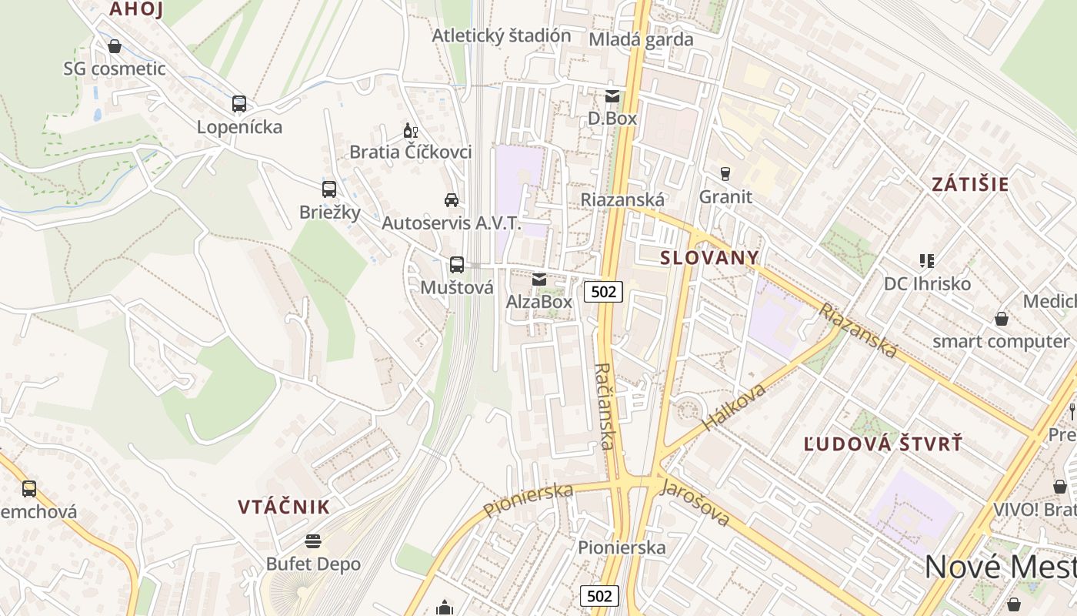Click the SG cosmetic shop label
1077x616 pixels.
coord(115,69)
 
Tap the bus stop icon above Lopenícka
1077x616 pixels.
coord(239,104)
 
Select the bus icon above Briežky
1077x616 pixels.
coord(329,189)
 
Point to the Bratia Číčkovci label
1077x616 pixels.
coord(411,152)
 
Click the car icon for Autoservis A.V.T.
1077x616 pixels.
coord(452,200)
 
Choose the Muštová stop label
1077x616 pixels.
coord(457,287)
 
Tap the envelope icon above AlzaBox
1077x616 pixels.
coord(539,279)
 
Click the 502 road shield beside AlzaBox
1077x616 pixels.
coord(603,292)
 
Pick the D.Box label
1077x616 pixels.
coord(612,119)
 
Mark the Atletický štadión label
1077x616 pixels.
coord(502,35)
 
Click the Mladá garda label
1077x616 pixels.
coord(641,39)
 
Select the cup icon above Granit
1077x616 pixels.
coord(725,173)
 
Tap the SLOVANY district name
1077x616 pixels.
coord(710,258)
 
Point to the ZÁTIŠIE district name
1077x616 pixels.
coord(970,185)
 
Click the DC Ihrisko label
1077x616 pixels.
coord(927,283)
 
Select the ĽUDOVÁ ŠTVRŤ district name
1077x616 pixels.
coord(883,444)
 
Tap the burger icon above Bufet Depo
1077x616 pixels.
coord(312,541)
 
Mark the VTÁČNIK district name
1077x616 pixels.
coord(284,507)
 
